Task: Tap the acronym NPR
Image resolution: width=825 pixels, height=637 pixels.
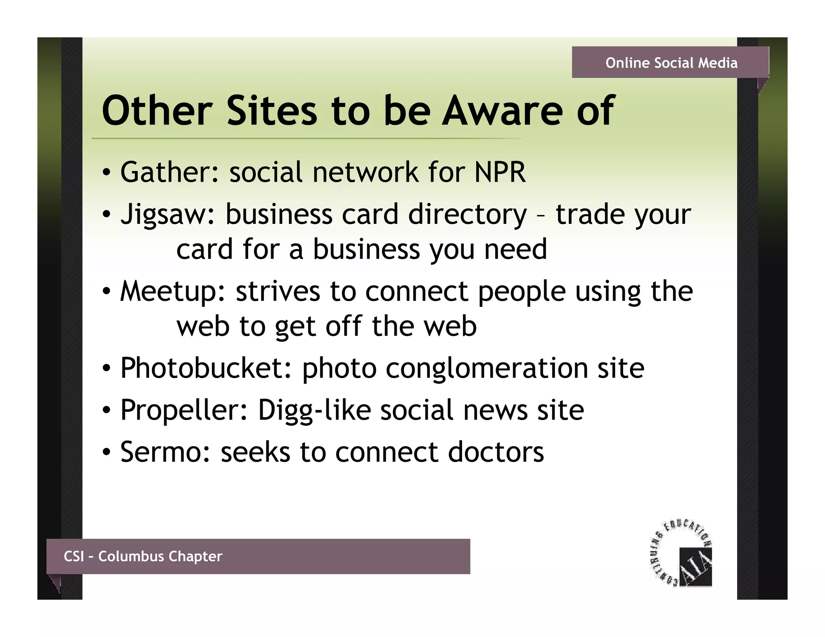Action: coord(500,172)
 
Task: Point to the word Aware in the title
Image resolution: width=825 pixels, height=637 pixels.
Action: coord(503,110)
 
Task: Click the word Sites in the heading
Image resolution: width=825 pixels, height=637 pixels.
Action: coord(272,110)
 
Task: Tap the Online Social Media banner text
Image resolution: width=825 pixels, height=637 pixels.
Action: coord(671,63)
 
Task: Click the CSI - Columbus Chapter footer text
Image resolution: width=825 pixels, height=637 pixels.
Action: coord(143,556)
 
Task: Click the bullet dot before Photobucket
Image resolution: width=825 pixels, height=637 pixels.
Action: coord(106,369)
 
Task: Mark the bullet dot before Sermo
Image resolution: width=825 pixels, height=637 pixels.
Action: coord(106,453)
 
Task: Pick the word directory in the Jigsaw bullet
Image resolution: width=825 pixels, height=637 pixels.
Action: coord(467,215)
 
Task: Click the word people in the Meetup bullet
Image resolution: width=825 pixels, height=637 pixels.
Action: coord(522,292)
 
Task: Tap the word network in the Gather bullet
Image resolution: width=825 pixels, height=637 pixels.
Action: coord(365,172)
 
